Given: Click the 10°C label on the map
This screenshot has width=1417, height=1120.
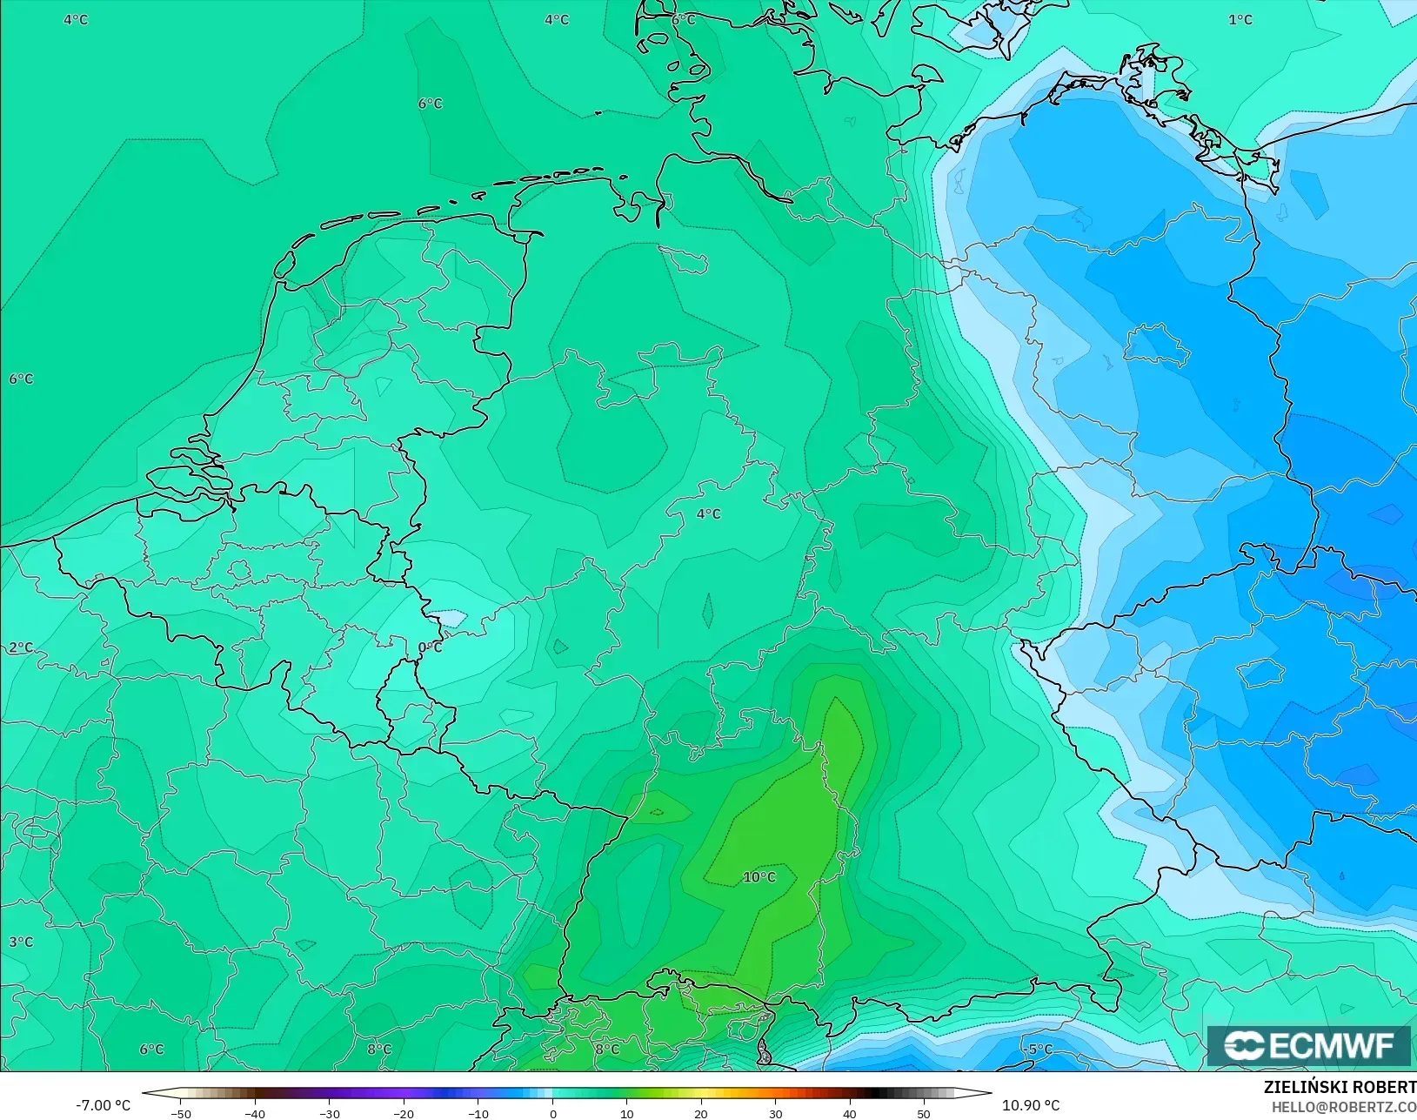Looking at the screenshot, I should click(x=759, y=877).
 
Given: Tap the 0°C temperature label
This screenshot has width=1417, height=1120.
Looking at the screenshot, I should click(x=430, y=647).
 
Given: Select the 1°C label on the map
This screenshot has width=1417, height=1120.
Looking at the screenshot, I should click(x=1240, y=20).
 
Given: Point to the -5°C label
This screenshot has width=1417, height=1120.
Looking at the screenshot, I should click(x=1039, y=1050).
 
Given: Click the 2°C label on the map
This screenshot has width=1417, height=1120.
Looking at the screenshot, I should click(x=21, y=647).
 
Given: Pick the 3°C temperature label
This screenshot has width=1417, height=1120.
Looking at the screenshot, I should click(x=21, y=942).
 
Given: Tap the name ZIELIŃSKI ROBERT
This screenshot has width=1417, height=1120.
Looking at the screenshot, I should click(x=1340, y=1088).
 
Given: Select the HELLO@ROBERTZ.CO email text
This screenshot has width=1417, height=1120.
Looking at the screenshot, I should click(x=1344, y=1107).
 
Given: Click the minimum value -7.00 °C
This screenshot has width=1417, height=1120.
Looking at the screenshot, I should click(x=103, y=1105).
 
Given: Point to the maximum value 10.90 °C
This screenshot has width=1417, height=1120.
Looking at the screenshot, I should click(x=1031, y=1105).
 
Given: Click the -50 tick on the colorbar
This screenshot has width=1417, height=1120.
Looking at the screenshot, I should click(x=180, y=1114).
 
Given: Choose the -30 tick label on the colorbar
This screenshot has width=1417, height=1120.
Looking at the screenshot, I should click(x=329, y=1114).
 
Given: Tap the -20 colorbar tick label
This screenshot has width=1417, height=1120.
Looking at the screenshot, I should click(x=403, y=1114).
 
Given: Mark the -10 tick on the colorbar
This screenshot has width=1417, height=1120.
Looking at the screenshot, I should click(x=478, y=1114).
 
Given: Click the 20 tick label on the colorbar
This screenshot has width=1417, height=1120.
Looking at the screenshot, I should click(x=701, y=1114).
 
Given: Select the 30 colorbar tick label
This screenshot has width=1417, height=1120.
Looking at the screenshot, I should click(x=775, y=1114).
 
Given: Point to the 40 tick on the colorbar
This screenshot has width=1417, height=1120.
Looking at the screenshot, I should click(x=850, y=1114).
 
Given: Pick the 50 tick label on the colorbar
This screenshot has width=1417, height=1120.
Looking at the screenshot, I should click(x=924, y=1114).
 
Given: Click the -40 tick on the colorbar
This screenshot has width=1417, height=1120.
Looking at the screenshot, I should click(x=254, y=1114).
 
